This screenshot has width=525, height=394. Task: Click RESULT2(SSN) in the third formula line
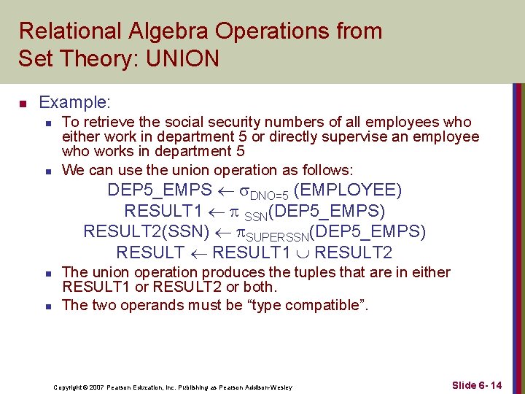[x=135, y=232]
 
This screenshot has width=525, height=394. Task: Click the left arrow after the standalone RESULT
[x=198, y=253]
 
